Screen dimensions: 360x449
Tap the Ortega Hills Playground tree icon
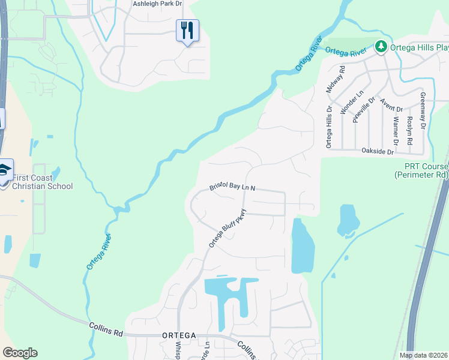(x=380, y=46)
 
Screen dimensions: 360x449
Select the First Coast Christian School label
(x=42, y=182)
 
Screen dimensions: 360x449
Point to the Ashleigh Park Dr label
(x=157, y=4)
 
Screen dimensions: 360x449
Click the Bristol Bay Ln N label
(x=232, y=187)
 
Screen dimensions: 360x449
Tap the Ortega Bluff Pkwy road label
(x=228, y=228)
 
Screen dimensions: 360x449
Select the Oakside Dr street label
(x=378, y=152)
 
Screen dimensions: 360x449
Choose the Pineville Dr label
(x=363, y=110)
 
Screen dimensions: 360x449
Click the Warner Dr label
(x=396, y=130)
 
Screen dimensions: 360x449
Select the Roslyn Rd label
(x=409, y=131)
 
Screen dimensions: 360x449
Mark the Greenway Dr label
(x=423, y=112)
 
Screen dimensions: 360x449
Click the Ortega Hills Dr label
(x=328, y=127)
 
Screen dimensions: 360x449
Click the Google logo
(x=20, y=353)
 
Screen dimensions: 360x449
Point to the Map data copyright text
(x=423, y=355)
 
